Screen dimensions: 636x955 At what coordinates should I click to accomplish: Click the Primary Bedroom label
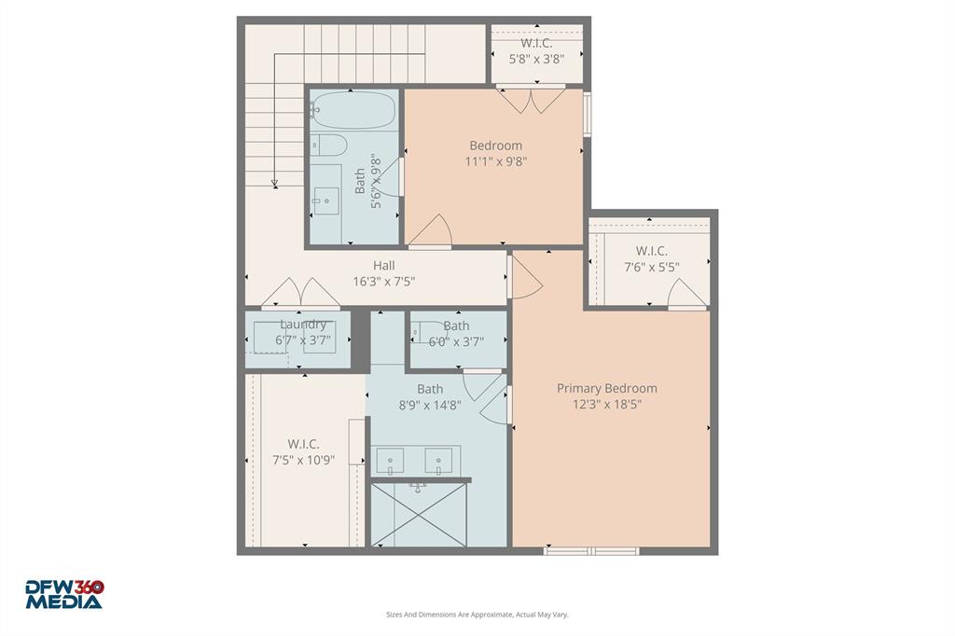point(606,388)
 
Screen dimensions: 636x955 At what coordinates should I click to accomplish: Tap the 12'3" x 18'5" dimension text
point(606,404)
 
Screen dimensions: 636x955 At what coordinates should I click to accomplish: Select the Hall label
point(383,266)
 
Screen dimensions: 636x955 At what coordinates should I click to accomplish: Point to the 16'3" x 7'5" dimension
point(383,282)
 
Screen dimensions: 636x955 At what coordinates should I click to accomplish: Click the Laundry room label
point(303,325)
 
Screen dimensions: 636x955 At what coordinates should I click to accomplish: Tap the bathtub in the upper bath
point(353,111)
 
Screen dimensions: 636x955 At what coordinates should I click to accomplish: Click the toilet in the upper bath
point(327,145)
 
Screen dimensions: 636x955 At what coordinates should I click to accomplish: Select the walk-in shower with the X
point(416,514)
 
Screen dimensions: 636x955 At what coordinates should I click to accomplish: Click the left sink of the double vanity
point(389,460)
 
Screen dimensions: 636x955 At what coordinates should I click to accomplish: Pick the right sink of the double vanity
point(438,460)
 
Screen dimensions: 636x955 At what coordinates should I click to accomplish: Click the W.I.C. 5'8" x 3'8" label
point(536,43)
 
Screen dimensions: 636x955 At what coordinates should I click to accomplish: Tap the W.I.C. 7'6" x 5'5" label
point(651,251)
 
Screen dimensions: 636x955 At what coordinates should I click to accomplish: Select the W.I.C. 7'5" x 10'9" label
point(303,444)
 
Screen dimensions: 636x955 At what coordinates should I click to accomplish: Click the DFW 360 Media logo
point(63,594)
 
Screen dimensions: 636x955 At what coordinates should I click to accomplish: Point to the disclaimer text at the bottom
point(477,615)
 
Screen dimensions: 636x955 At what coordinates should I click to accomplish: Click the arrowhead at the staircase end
point(275,183)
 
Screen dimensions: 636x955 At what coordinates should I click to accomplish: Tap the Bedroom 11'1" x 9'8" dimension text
point(495,161)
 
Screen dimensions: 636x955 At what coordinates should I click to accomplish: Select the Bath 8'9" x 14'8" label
point(430,389)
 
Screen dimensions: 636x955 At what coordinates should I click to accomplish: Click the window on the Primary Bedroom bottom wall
point(591,551)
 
